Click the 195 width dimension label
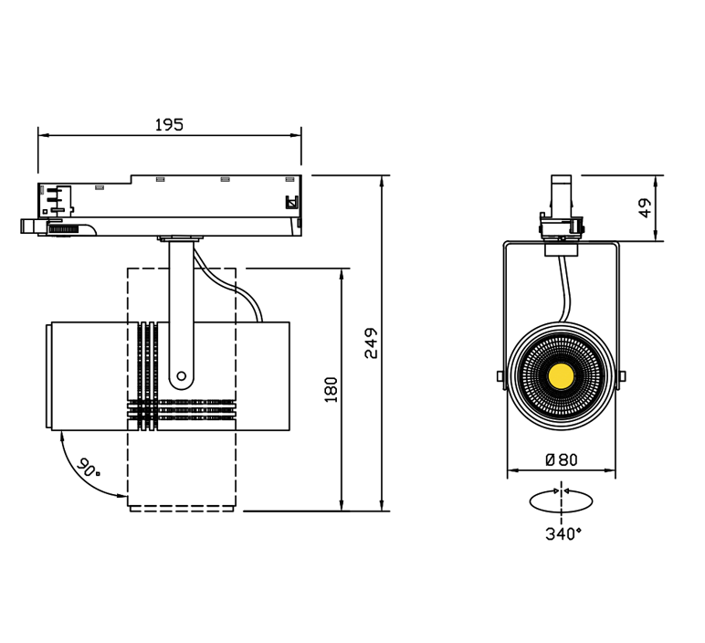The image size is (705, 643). coord(169,124)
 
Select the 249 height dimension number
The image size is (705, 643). coord(372,343)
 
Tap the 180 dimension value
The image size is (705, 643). coord(331,390)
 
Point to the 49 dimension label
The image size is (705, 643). coord(646,207)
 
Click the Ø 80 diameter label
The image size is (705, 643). coord(561,459)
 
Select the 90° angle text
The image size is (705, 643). coord(89,468)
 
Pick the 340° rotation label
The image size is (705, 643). coord(563,533)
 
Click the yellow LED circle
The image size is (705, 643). coord(561,376)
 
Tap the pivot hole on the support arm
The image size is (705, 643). coord(181,376)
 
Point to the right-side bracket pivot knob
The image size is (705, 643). coord(622,376)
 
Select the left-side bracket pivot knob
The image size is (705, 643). coord(500,376)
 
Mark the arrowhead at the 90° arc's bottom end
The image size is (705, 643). coord(121,496)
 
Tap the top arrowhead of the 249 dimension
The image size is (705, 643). coord(382,181)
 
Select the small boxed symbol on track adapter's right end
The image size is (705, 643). coord(292,203)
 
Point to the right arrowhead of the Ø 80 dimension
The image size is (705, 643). coord(610,470)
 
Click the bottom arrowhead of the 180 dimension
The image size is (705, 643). coord(342,505)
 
